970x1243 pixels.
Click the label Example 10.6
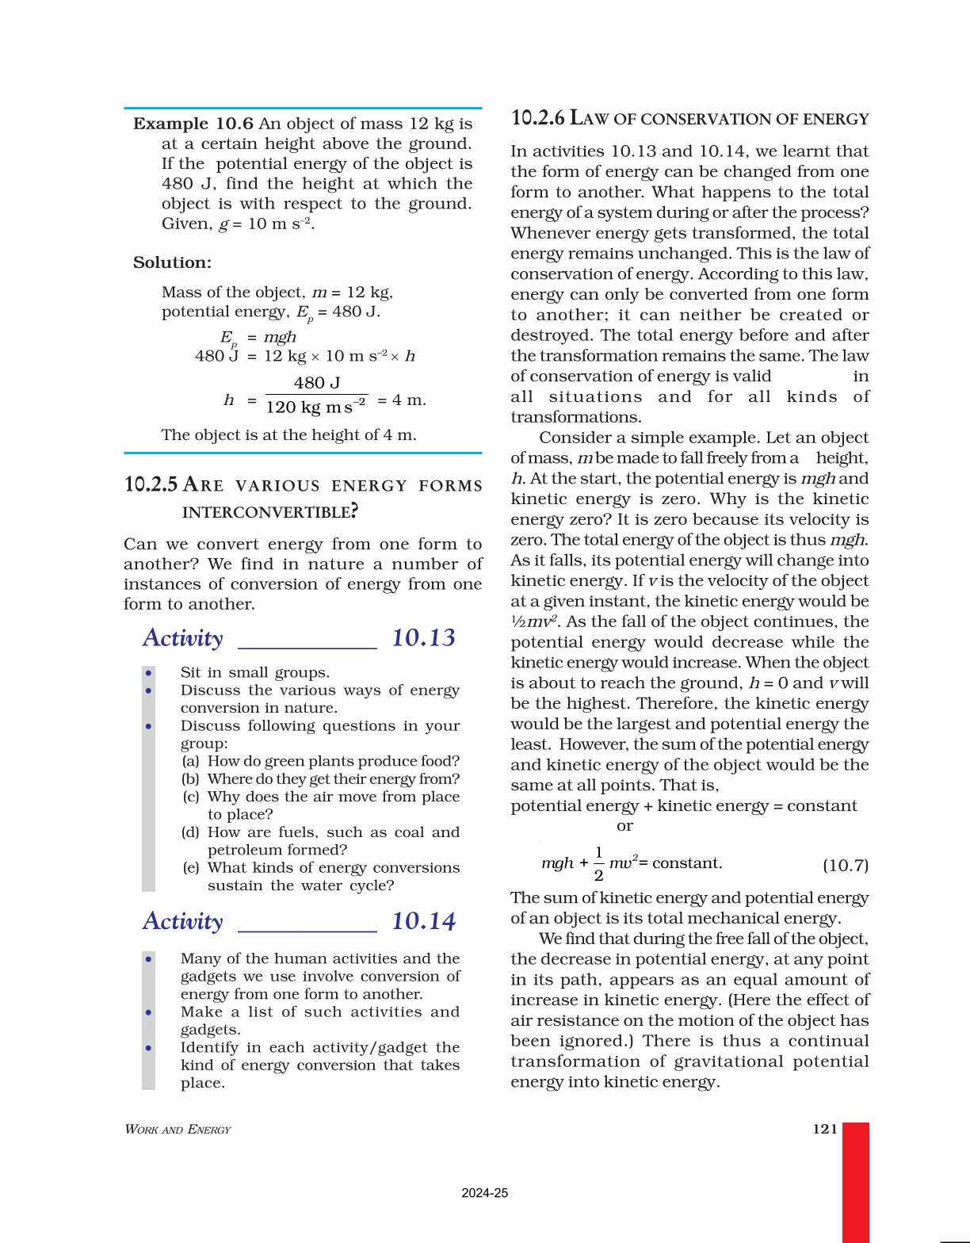point(193,124)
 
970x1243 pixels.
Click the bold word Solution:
point(172,262)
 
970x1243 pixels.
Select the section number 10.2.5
point(151,484)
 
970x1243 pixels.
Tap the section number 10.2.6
point(537,118)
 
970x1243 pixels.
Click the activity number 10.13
point(423,638)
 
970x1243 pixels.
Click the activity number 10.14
point(423,921)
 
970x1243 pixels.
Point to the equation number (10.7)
point(845,865)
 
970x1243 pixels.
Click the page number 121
point(825,1129)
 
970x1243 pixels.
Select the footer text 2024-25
point(484,1193)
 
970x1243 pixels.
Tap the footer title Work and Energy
point(178,1130)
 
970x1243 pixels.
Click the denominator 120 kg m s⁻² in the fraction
point(315,407)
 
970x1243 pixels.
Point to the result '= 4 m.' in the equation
point(402,400)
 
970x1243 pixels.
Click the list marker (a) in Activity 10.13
point(190,761)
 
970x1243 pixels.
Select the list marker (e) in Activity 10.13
point(190,867)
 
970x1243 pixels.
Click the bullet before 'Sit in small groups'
point(149,673)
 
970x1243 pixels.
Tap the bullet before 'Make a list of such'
point(149,1012)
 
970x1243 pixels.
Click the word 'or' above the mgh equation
point(624,826)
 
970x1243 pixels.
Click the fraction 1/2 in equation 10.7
point(598,863)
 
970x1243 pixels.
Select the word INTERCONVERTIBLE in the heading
point(269,512)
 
